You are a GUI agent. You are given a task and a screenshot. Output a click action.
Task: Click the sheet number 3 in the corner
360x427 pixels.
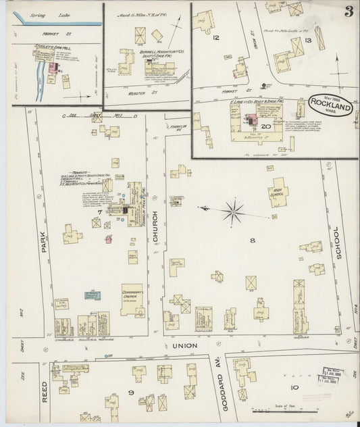click(x=346, y=11)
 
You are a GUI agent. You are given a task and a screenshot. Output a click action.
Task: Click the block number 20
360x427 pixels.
click(x=265, y=126)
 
